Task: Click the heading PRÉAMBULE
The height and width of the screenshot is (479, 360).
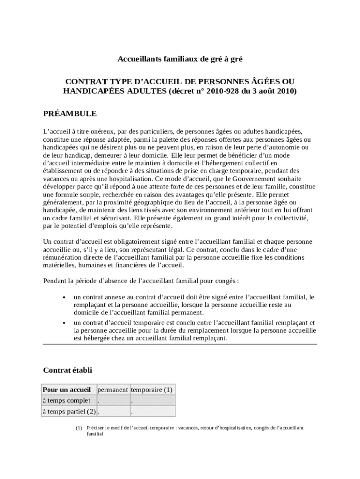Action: tap(70, 114)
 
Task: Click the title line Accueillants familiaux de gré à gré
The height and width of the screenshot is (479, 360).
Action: tap(180, 59)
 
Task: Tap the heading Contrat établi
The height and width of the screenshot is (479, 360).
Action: tap(67, 370)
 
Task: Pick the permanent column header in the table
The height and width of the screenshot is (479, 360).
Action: tap(112, 390)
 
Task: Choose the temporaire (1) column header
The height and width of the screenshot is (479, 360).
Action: tap(152, 390)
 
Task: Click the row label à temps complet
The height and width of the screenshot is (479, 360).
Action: tap(66, 401)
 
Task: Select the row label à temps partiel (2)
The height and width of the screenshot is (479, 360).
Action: tap(69, 412)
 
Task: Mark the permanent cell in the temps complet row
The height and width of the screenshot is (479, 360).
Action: tap(112, 401)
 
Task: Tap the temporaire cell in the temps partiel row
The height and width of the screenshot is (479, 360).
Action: tap(152, 412)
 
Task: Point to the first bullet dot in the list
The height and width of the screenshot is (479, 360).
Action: tap(63, 297)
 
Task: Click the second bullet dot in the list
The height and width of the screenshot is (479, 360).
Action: tap(63, 323)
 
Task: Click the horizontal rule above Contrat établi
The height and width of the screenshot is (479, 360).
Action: tap(180, 345)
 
